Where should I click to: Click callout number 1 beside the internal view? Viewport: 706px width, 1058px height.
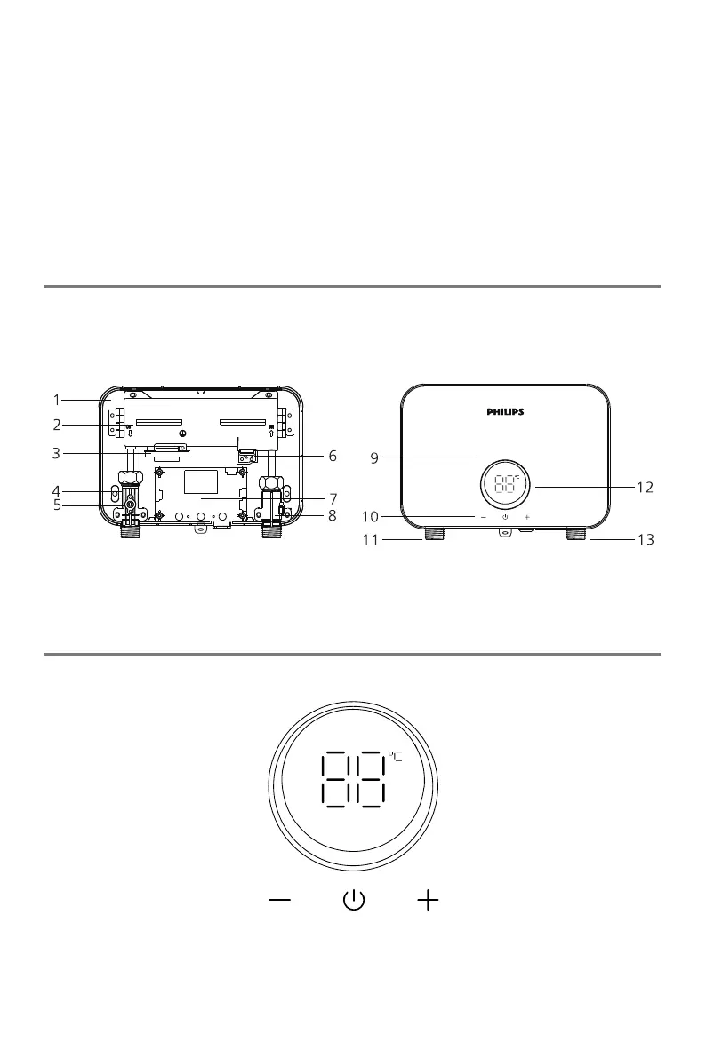[x=57, y=400]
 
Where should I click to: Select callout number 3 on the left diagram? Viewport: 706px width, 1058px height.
[x=57, y=453]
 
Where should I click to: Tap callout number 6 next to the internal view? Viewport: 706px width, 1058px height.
[x=333, y=456]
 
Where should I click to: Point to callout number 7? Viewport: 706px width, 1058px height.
[x=333, y=499]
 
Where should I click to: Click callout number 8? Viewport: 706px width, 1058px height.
[x=333, y=516]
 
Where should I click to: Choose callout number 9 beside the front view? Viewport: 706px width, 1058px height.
[x=374, y=459]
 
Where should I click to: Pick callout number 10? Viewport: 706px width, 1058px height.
[x=370, y=518]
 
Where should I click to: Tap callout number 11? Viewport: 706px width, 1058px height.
[x=370, y=540]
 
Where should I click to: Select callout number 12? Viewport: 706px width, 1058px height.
[x=646, y=487]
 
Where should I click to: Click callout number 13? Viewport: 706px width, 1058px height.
[x=646, y=540]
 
